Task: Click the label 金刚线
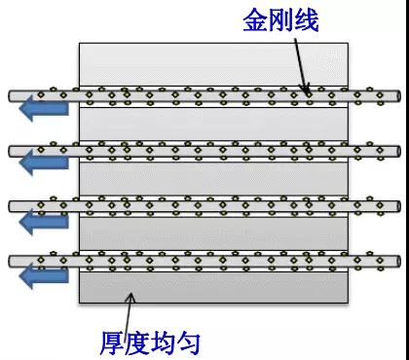pyautogui.click(x=279, y=21)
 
